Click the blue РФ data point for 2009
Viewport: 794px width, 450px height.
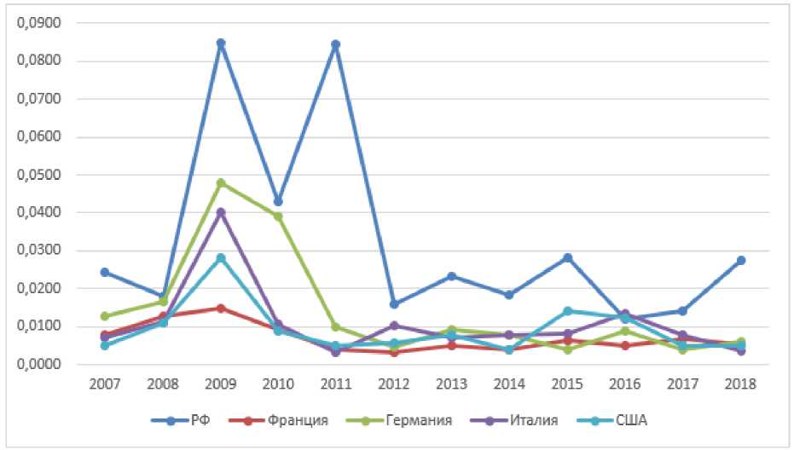221,43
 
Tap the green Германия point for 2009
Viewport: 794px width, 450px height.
221,182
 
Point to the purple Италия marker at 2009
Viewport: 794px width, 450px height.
221,212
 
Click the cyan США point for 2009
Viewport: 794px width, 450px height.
221,257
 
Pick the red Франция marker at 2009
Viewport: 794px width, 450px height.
221,308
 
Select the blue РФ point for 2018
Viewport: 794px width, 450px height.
741,260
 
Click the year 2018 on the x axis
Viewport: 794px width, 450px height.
741,384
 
